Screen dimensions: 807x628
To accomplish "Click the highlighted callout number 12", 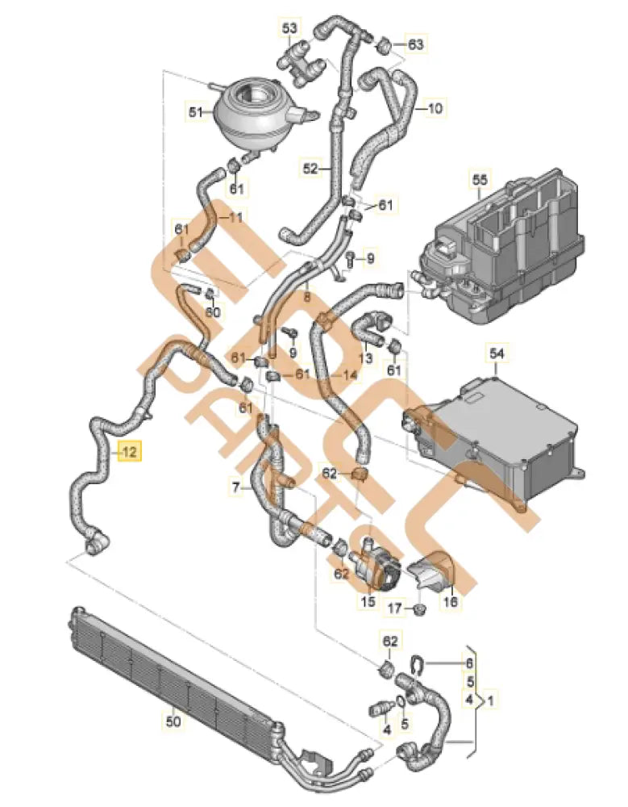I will [130, 452].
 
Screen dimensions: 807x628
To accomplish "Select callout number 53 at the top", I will [289, 29].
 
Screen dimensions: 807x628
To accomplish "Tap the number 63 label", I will [415, 44].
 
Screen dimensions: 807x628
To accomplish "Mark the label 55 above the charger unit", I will [480, 182].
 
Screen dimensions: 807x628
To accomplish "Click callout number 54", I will [496, 353].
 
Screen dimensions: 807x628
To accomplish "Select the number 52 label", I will [312, 169].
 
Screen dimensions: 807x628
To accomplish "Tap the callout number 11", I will [235, 217].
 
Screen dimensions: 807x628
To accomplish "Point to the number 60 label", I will [212, 312].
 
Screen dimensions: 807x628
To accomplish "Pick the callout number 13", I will [365, 358].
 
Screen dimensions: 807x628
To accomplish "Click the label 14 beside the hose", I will [349, 375].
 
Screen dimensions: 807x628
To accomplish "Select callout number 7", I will [236, 487].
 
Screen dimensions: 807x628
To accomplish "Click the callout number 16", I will [448, 602].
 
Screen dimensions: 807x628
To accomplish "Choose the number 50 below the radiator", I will [173, 721].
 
